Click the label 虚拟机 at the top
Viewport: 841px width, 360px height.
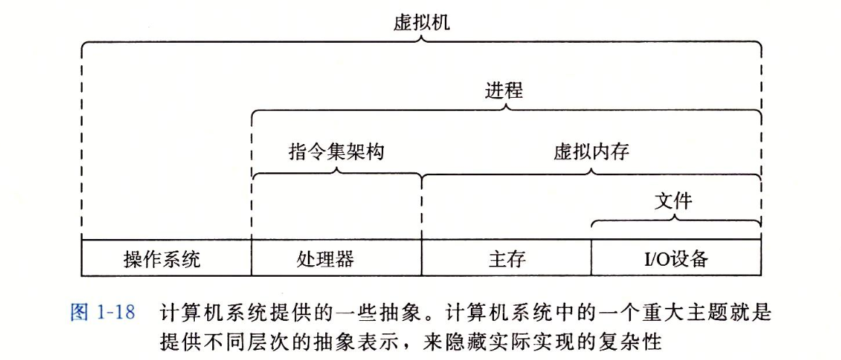(x=421, y=22)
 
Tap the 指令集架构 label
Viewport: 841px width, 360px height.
(x=336, y=152)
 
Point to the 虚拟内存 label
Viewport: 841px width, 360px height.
(x=591, y=152)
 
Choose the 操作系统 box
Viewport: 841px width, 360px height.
(x=166, y=259)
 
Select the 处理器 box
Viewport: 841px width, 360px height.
(x=336, y=259)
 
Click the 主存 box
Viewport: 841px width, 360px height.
(x=506, y=259)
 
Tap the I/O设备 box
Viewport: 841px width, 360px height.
(x=677, y=259)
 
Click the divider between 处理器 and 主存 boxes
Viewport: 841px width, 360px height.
(x=422, y=259)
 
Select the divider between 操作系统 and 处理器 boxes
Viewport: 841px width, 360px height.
(x=251, y=259)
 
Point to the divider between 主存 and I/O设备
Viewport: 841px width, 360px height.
(x=592, y=259)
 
